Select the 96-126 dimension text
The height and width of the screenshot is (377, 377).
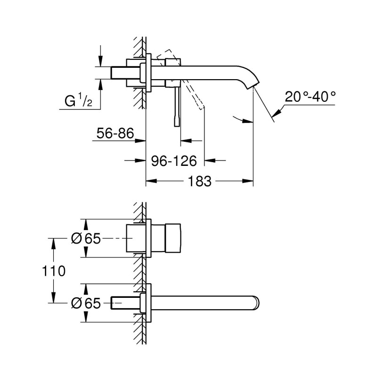coord(174,161)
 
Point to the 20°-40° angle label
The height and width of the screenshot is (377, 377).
coord(310,97)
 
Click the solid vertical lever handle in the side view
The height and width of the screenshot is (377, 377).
coord(177,107)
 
